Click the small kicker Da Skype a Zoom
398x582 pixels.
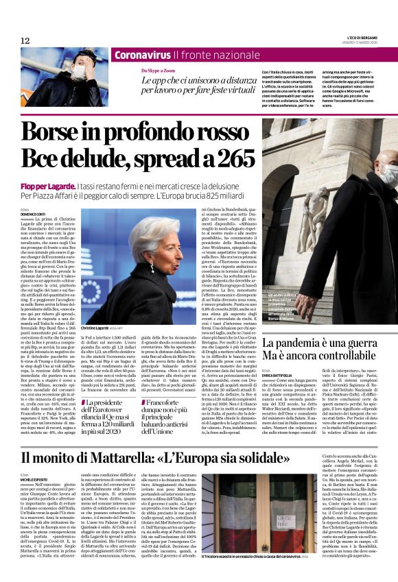[159, 71]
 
